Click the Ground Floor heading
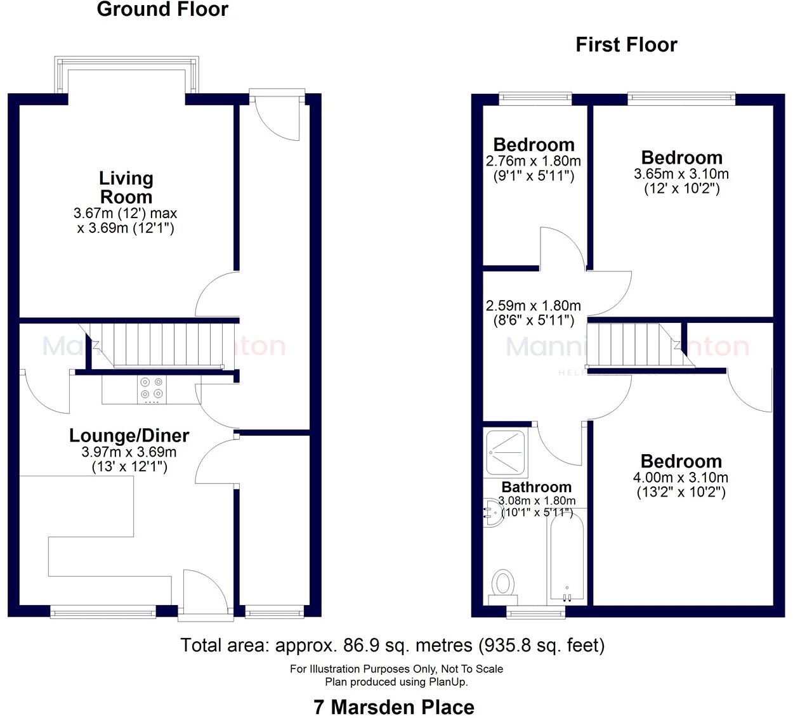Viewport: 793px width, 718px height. [162, 10]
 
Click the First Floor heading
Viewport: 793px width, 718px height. [626, 44]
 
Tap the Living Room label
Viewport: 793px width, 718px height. [126, 187]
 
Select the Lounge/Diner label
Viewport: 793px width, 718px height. [129, 436]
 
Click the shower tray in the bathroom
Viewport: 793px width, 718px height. [505, 454]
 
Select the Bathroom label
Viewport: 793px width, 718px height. [536, 487]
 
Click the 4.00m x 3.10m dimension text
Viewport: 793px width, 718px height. [681, 478]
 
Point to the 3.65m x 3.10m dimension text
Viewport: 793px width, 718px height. [681, 174]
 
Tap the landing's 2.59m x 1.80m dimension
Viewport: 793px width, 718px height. [533, 306]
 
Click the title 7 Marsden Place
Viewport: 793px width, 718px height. [394, 707]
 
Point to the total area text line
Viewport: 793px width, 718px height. [393, 646]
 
